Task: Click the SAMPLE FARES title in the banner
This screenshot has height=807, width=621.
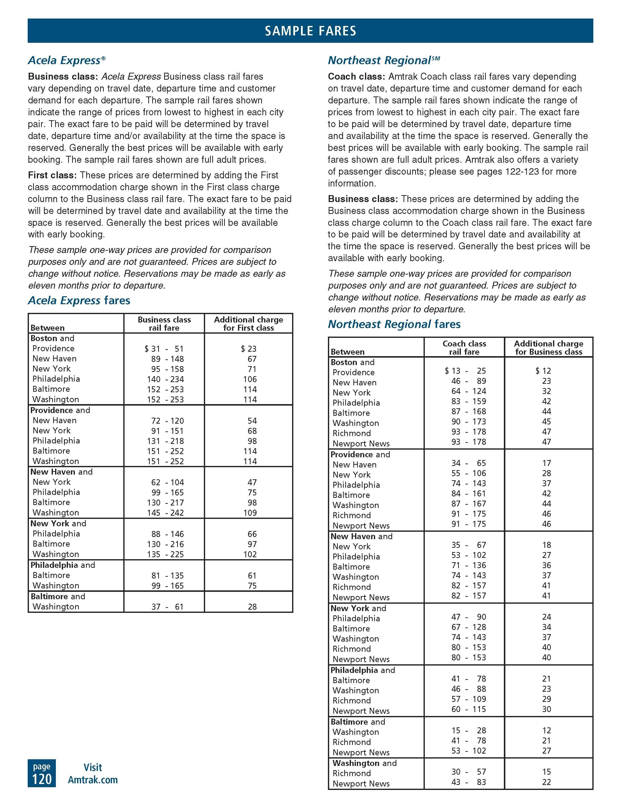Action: click(310, 31)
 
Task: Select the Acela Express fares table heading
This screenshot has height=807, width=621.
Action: click(79, 300)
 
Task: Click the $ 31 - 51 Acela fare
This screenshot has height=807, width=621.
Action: click(164, 349)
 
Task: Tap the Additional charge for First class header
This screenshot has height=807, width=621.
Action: click(248, 324)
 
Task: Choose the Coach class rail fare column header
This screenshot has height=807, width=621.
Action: click(464, 348)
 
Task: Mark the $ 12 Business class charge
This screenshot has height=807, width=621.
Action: click(543, 371)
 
